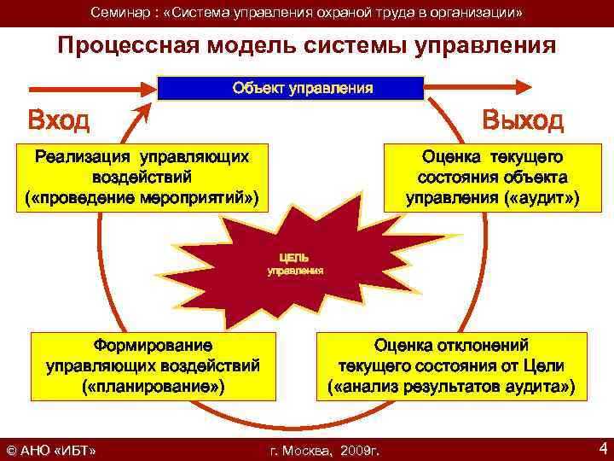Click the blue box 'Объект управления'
(291, 88)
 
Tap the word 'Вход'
(58, 120)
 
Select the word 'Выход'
(522, 120)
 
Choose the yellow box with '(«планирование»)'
(153, 366)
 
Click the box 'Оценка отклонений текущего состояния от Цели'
(451, 366)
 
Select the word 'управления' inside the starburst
(295, 271)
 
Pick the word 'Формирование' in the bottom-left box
(153, 346)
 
